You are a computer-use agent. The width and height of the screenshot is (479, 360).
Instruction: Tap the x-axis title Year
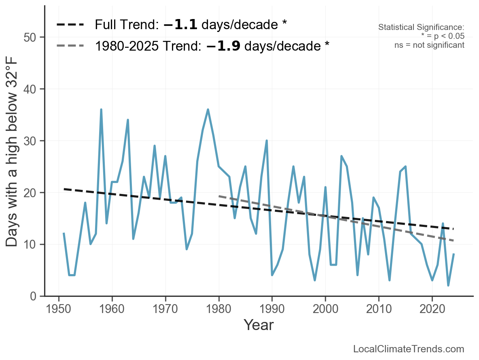click(x=259, y=325)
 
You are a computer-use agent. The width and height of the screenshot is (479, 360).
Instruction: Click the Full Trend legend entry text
click(x=191, y=25)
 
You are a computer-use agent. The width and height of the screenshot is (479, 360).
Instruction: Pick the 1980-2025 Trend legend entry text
click(x=212, y=46)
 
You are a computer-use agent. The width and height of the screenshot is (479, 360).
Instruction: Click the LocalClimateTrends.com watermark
click(x=409, y=349)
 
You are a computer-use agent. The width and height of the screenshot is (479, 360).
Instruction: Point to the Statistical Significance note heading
click(x=421, y=28)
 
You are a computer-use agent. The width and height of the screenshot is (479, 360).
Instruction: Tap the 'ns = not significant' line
click(x=429, y=45)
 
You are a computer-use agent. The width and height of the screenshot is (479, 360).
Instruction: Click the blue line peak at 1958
click(x=101, y=109)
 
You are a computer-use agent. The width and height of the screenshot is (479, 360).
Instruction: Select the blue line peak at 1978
click(x=208, y=109)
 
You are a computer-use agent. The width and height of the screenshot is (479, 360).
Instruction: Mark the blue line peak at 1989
click(x=267, y=141)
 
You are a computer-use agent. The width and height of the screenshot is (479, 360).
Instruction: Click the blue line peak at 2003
click(x=341, y=156)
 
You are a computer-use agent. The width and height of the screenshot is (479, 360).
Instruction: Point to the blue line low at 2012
click(x=390, y=280)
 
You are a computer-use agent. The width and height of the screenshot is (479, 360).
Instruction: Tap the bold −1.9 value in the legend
click(x=223, y=46)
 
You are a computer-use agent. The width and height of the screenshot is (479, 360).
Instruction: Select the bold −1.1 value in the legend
click(x=180, y=25)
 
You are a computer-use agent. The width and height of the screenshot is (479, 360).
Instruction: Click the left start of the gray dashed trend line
click(x=219, y=196)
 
